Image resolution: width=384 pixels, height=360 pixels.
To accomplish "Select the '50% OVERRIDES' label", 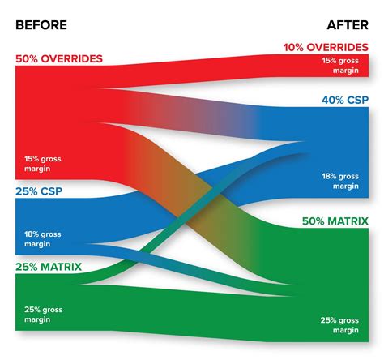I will tap(59, 59).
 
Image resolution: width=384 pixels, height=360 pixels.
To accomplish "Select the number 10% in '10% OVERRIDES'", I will tap(295, 48).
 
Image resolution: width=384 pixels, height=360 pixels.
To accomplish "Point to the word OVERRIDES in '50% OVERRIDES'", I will tap(73, 59).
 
